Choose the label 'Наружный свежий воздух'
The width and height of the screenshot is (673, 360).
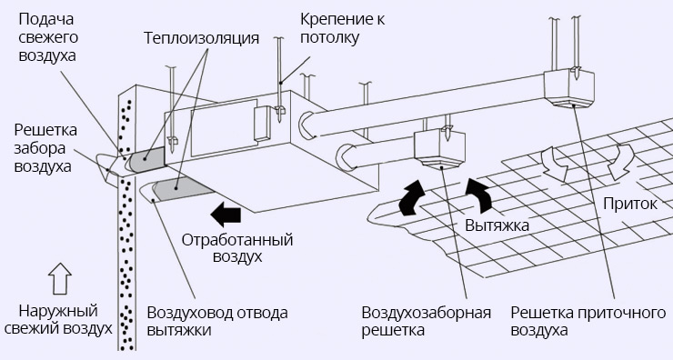pos(56,318)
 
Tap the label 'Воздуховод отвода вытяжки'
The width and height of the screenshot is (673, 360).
pos(216,321)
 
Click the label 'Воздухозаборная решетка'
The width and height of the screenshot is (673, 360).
pos(426,321)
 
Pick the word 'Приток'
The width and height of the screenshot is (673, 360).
pos(628,204)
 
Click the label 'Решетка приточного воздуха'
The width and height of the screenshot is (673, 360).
pos(583,321)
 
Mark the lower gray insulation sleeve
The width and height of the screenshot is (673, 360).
pos(178,189)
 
